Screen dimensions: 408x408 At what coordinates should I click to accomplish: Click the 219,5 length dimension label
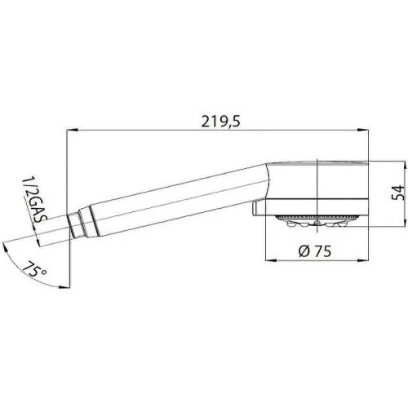[221, 122]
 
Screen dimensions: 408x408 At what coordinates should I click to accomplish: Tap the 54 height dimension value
[398, 193]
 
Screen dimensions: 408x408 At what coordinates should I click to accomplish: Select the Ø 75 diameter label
[315, 251]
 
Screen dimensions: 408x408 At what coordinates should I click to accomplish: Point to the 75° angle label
[34, 269]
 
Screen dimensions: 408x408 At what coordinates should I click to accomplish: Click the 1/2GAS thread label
[33, 201]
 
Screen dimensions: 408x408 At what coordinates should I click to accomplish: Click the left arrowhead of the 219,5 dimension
[73, 131]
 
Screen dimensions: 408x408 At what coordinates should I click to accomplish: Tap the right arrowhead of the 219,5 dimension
[363, 131]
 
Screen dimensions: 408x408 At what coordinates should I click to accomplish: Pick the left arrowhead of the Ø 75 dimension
[271, 260]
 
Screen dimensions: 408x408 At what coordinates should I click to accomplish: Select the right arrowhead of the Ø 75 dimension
[363, 260]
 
